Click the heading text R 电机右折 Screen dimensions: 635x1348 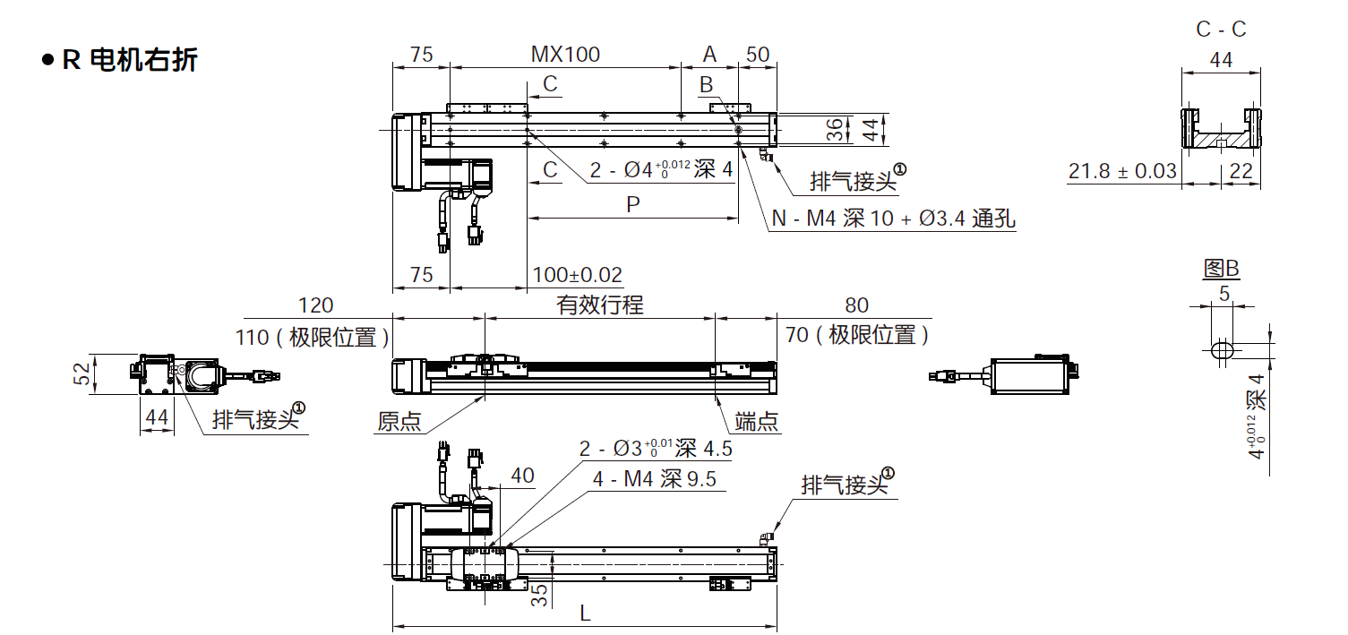130,61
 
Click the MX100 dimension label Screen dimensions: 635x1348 565,54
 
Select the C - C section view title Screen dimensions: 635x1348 1221,29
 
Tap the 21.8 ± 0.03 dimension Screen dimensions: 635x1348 1122,170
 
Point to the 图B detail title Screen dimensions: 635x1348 1221,268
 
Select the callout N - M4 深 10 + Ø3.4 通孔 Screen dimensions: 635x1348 893,219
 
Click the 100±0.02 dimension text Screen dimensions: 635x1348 577,275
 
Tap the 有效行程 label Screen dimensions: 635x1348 599,305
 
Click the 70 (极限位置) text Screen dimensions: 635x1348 857,336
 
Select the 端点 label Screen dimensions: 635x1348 756,421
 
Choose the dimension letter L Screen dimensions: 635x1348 585,614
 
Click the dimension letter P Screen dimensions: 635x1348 633,205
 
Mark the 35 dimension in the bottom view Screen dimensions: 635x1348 539,596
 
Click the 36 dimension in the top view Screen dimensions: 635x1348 834,131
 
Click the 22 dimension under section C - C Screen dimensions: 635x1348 1241,170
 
